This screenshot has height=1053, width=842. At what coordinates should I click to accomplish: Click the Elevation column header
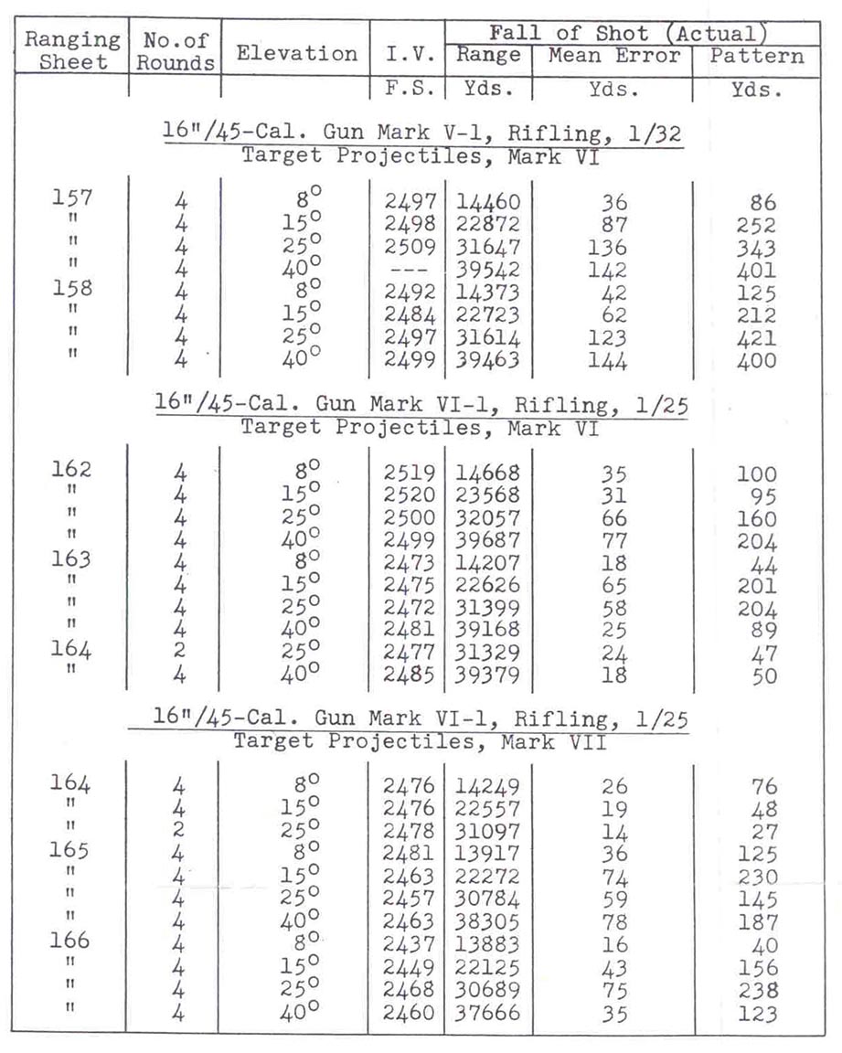(x=296, y=53)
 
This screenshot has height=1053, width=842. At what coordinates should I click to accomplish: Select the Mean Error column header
(x=614, y=55)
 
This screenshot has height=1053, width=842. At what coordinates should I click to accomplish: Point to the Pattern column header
(x=757, y=55)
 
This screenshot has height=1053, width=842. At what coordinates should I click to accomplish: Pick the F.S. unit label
(x=407, y=90)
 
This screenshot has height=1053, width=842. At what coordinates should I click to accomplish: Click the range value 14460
(x=487, y=203)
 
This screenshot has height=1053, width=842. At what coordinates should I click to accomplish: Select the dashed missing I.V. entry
(x=405, y=271)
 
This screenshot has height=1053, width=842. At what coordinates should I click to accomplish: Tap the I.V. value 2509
(x=406, y=248)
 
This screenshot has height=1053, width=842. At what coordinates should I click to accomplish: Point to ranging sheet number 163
(x=71, y=560)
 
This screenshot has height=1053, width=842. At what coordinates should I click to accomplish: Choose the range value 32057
(x=487, y=517)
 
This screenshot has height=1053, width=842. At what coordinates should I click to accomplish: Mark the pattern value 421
(x=755, y=338)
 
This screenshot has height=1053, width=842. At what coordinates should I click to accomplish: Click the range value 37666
(x=487, y=1013)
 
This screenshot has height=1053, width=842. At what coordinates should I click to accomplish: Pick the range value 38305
(x=487, y=921)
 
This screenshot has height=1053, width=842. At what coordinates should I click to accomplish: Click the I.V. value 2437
(x=406, y=944)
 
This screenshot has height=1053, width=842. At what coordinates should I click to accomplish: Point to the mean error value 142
(x=608, y=271)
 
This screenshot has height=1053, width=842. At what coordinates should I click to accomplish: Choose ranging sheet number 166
(x=71, y=941)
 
